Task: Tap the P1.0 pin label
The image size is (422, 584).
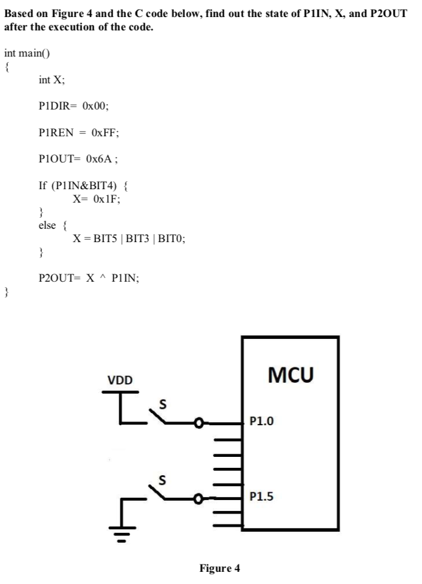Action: pyautogui.click(x=262, y=420)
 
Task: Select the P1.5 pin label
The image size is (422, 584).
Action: pyautogui.click(x=262, y=497)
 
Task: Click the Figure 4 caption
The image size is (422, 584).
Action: pyautogui.click(x=220, y=568)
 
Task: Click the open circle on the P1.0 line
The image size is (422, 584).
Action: pyautogui.click(x=198, y=421)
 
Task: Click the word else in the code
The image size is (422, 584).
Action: pyautogui.click(x=47, y=225)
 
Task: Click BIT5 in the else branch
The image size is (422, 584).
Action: pyautogui.click(x=102, y=239)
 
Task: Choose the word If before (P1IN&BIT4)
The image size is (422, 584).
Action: pyautogui.click(x=43, y=185)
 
